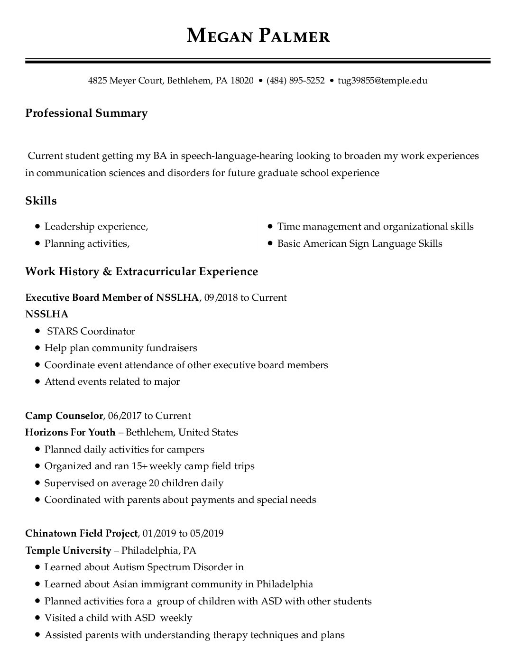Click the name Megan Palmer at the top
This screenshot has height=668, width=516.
(x=258, y=36)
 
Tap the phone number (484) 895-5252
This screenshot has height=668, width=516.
(x=295, y=81)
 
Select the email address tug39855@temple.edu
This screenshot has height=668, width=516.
(x=382, y=81)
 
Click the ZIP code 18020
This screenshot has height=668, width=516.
(x=242, y=81)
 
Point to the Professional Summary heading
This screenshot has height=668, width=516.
(x=86, y=113)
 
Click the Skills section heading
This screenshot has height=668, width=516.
(x=41, y=201)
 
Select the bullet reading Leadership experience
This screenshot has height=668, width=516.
(x=96, y=227)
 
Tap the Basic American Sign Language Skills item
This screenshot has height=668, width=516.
(x=359, y=244)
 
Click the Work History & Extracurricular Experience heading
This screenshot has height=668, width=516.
(x=141, y=271)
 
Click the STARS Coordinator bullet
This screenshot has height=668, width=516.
(x=91, y=331)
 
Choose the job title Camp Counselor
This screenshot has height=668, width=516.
(x=64, y=416)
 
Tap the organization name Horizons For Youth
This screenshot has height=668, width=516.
(x=70, y=432)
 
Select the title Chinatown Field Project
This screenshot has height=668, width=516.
(x=81, y=533)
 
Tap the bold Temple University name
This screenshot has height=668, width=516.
(x=68, y=550)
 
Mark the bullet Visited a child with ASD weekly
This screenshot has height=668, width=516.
(x=118, y=618)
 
